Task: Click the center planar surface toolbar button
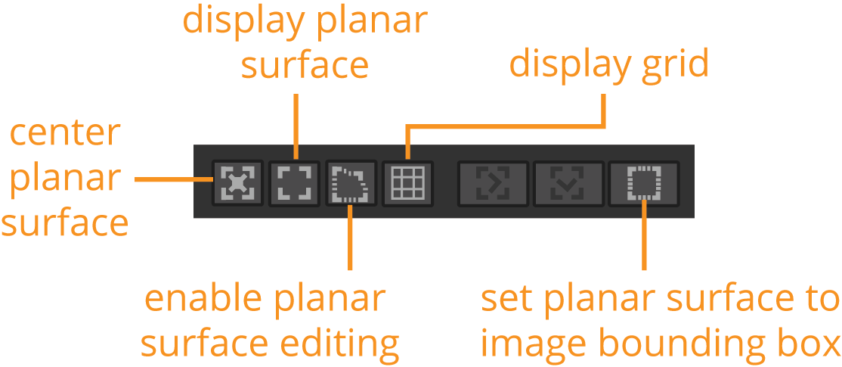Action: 237,182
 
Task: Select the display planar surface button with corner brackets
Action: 295,182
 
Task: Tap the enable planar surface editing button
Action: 351,182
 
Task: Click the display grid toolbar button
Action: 408,182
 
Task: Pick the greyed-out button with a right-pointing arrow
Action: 494,182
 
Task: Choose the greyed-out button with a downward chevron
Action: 568,182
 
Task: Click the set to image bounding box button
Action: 643,182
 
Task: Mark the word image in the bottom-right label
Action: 526,344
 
